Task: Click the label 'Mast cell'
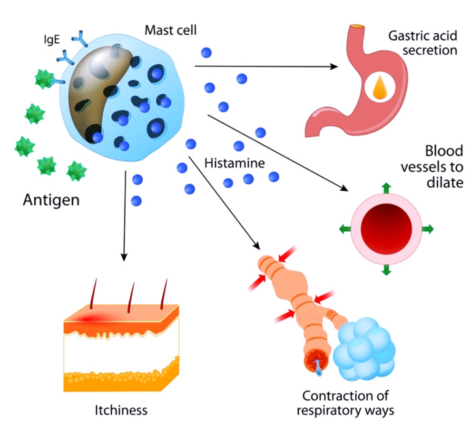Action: [170, 31]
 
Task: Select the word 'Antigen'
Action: [51, 200]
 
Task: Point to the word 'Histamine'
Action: [234, 163]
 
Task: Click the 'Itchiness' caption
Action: [121, 410]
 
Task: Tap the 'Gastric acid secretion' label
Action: [422, 43]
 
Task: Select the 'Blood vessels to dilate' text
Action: [432, 167]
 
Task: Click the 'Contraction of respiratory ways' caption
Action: [345, 403]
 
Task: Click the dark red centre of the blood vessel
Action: [386, 229]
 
